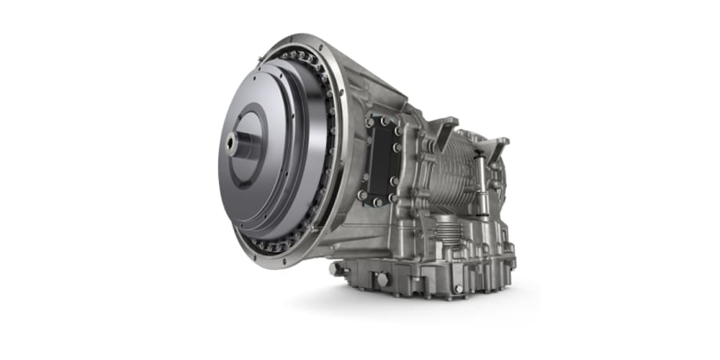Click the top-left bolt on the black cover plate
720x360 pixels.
[x=369, y=123]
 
